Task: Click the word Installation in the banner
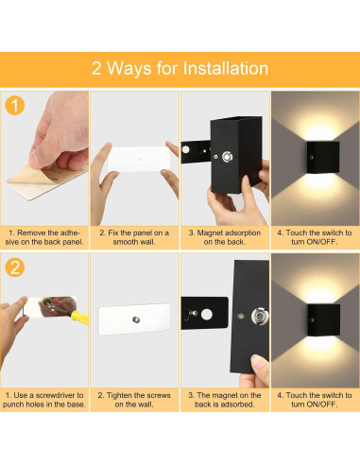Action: coord(226,68)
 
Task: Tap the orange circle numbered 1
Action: coord(15,106)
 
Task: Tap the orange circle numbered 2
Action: coord(15,267)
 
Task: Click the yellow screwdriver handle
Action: coord(79,317)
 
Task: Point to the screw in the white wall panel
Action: coord(136,319)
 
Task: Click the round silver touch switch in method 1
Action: coord(227,157)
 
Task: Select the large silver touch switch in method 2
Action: coord(260,317)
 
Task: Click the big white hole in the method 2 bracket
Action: coord(207,314)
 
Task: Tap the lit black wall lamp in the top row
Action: coord(323,157)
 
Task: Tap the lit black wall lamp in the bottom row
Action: coord(324,319)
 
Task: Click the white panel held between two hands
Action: coord(139,159)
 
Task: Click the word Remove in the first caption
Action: coord(29,232)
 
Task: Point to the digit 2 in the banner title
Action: coord(96,68)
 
